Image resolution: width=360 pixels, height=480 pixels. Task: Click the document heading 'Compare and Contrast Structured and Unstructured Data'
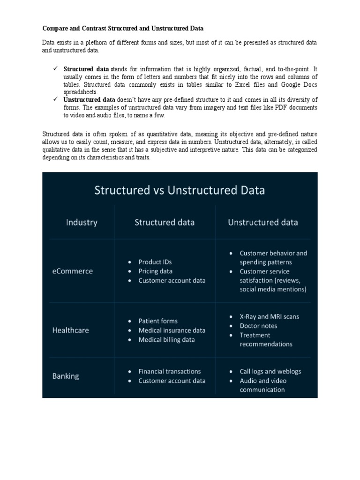coord(123,29)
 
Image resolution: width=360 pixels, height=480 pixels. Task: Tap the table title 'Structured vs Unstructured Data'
coord(180,190)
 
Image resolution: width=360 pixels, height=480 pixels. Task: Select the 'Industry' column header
coord(82,222)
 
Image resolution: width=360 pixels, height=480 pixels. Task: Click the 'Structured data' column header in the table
coord(165,222)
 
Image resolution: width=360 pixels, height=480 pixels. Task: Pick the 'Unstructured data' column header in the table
coord(262,222)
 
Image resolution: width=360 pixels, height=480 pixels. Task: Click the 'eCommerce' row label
coord(72,271)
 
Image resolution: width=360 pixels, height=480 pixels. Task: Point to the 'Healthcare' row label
coord(70,330)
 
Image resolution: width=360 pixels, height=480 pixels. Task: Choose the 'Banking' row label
coord(65,376)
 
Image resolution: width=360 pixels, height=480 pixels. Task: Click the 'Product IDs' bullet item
coord(155,262)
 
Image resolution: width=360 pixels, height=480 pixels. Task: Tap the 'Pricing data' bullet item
coord(155,271)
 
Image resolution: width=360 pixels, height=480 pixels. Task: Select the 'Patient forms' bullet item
coord(158,321)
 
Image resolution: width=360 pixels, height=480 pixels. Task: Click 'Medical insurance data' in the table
coord(172,330)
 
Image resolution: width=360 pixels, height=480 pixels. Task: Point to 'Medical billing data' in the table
coord(166,339)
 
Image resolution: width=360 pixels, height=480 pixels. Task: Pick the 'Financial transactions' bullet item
coord(169,371)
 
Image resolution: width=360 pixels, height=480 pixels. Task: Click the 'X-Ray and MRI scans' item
coord(269,316)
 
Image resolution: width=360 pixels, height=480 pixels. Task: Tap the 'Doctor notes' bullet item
coord(258,326)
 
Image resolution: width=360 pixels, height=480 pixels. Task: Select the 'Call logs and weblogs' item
coord(270,371)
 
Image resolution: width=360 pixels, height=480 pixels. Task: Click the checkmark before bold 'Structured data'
coord(55,69)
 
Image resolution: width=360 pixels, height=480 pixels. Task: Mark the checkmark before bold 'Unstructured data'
coord(55,99)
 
